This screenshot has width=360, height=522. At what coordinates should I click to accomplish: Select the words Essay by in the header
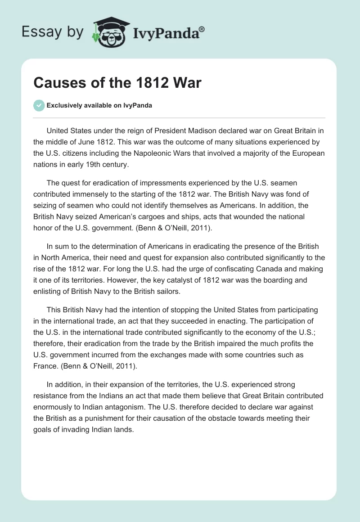point(53,32)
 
